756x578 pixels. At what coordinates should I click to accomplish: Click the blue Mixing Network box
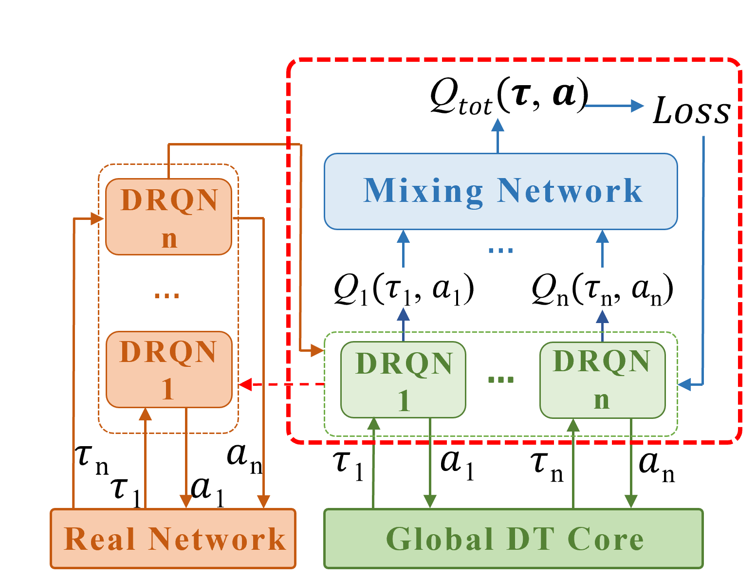pos(500,191)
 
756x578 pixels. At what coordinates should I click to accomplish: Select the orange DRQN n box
pos(168,217)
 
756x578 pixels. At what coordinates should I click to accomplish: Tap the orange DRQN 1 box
pos(168,370)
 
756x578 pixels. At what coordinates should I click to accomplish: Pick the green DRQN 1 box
pos(403,380)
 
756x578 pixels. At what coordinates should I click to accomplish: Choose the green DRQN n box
pos(602,380)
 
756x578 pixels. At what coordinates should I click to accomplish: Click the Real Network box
pos(173,539)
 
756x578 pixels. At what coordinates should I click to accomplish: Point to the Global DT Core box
pos(514,539)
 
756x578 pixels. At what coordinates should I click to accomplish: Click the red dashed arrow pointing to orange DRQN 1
pos(282,384)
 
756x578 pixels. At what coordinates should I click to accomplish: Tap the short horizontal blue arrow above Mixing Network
pos(614,106)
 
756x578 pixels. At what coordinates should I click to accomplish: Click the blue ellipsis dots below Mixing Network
pos(500,251)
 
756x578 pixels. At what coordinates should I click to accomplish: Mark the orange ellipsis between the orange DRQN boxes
pos(166,295)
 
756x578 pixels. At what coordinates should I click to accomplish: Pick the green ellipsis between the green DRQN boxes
pos(501,379)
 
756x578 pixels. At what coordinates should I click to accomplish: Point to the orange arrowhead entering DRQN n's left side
pos(97,218)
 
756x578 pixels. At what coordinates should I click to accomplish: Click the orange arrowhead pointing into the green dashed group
pos(317,350)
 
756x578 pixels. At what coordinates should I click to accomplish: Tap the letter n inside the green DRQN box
pos(602,400)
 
